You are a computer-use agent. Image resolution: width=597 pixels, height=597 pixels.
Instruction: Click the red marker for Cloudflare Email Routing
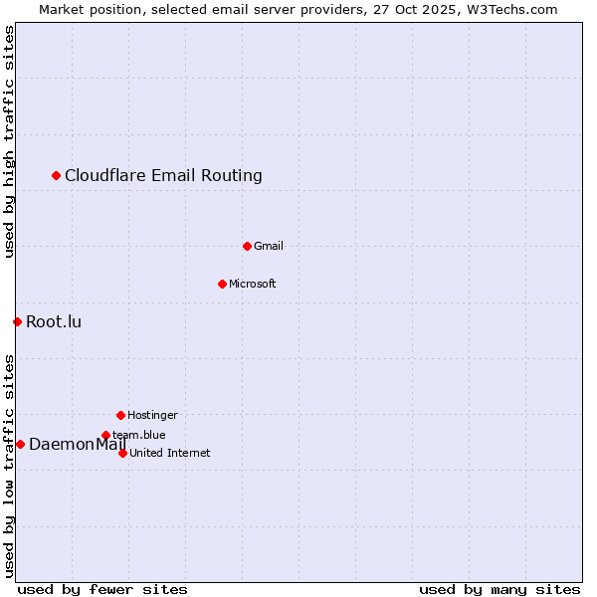click(x=57, y=176)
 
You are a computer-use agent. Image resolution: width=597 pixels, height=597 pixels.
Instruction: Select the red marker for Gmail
click(x=247, y=246)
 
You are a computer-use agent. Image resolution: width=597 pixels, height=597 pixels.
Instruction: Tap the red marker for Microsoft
click(x=222, y=284)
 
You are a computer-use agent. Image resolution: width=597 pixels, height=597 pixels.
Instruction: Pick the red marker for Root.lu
click(x=17, y=321)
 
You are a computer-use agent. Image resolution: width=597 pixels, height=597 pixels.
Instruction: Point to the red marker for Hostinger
click(x=120, y=415)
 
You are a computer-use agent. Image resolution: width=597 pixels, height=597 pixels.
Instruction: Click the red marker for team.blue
click(x=105, y=435)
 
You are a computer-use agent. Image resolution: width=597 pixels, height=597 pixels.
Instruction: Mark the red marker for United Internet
click(x=122, y=453)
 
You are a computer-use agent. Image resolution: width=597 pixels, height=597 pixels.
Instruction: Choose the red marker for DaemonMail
click(x=20, y=444)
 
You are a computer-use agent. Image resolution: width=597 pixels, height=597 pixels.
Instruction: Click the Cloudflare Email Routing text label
click(x=163, y=176)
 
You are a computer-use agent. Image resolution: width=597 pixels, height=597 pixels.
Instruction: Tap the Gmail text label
click(x=269, y=246)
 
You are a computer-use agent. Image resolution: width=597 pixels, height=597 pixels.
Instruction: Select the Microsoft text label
click(x=253, y=284)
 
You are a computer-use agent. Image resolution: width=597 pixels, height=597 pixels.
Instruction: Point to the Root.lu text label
click(x=54, y=321)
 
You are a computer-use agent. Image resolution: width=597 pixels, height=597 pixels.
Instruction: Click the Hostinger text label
click(x=152, y=415)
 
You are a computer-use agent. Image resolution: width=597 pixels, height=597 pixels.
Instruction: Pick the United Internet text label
click(x=170, y=453)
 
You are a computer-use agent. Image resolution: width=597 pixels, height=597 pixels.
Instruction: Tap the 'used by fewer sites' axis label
click(x=102, y=589)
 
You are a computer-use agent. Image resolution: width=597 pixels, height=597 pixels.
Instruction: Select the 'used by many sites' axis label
click(x=499, y=589)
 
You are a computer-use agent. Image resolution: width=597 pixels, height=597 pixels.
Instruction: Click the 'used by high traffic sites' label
click(x=9, y=141)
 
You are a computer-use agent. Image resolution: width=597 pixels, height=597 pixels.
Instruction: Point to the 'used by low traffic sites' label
click(x=9, y=465)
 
